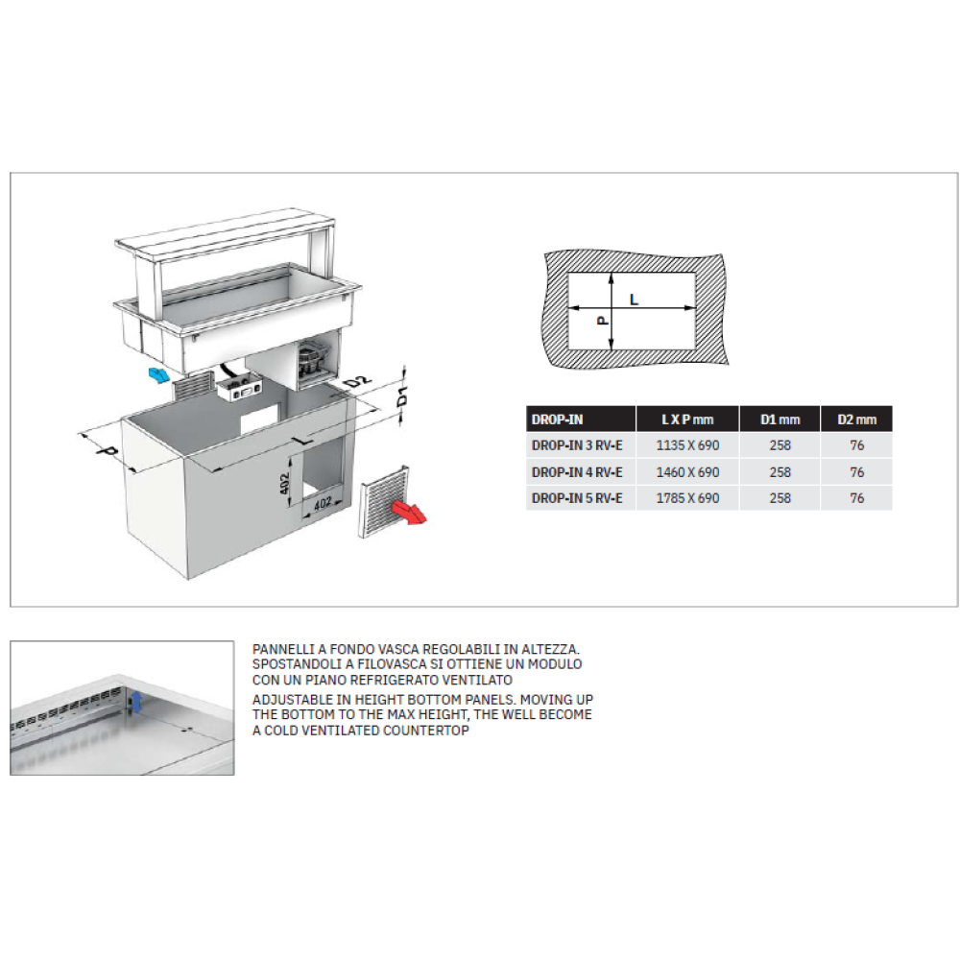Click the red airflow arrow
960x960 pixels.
409,512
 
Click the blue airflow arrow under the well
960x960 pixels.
158,374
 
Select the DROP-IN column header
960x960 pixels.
557,420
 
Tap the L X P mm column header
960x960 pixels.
687,420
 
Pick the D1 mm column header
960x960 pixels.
780,420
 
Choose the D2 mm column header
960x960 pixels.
856,420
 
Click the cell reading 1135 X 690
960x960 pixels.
687,445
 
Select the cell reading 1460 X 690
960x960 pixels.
687,472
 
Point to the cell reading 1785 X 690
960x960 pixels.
687,498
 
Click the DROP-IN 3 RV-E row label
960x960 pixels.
577,445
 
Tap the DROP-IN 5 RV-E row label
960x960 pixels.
577,498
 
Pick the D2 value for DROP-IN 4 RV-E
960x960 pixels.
856,472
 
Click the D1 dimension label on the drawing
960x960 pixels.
402,397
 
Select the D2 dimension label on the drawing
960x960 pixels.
357,383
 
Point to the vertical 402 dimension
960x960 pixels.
285,488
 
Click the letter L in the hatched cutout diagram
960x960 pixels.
635,300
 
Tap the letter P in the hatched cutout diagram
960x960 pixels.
603,321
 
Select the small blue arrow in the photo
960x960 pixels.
137,703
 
